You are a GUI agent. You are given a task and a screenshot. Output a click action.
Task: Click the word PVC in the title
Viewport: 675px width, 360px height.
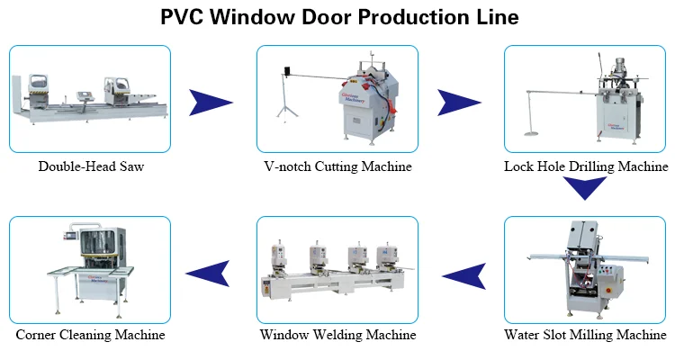(182, 17)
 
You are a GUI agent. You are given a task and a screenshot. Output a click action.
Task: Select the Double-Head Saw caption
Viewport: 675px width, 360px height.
(91, 166)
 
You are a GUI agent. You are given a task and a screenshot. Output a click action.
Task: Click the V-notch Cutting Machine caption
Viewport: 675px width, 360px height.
(337, 166)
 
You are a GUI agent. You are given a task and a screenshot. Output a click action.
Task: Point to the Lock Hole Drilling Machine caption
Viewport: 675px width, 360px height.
(586, 166)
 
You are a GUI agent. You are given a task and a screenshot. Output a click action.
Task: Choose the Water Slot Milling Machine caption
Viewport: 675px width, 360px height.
(585, 335)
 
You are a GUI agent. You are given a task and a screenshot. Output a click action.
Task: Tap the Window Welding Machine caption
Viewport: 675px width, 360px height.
(337, 335)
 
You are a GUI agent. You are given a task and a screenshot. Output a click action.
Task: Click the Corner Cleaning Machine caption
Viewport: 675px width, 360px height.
(90, 335)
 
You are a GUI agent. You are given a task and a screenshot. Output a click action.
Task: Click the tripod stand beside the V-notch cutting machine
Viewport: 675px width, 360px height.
(287, 97)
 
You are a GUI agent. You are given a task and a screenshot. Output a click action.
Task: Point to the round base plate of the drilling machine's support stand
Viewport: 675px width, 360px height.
(531, 133)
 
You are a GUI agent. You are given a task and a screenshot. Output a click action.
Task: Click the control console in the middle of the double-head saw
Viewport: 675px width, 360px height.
(85, 96)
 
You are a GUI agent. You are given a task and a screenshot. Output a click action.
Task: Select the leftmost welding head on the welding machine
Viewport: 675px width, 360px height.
(279, 259)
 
